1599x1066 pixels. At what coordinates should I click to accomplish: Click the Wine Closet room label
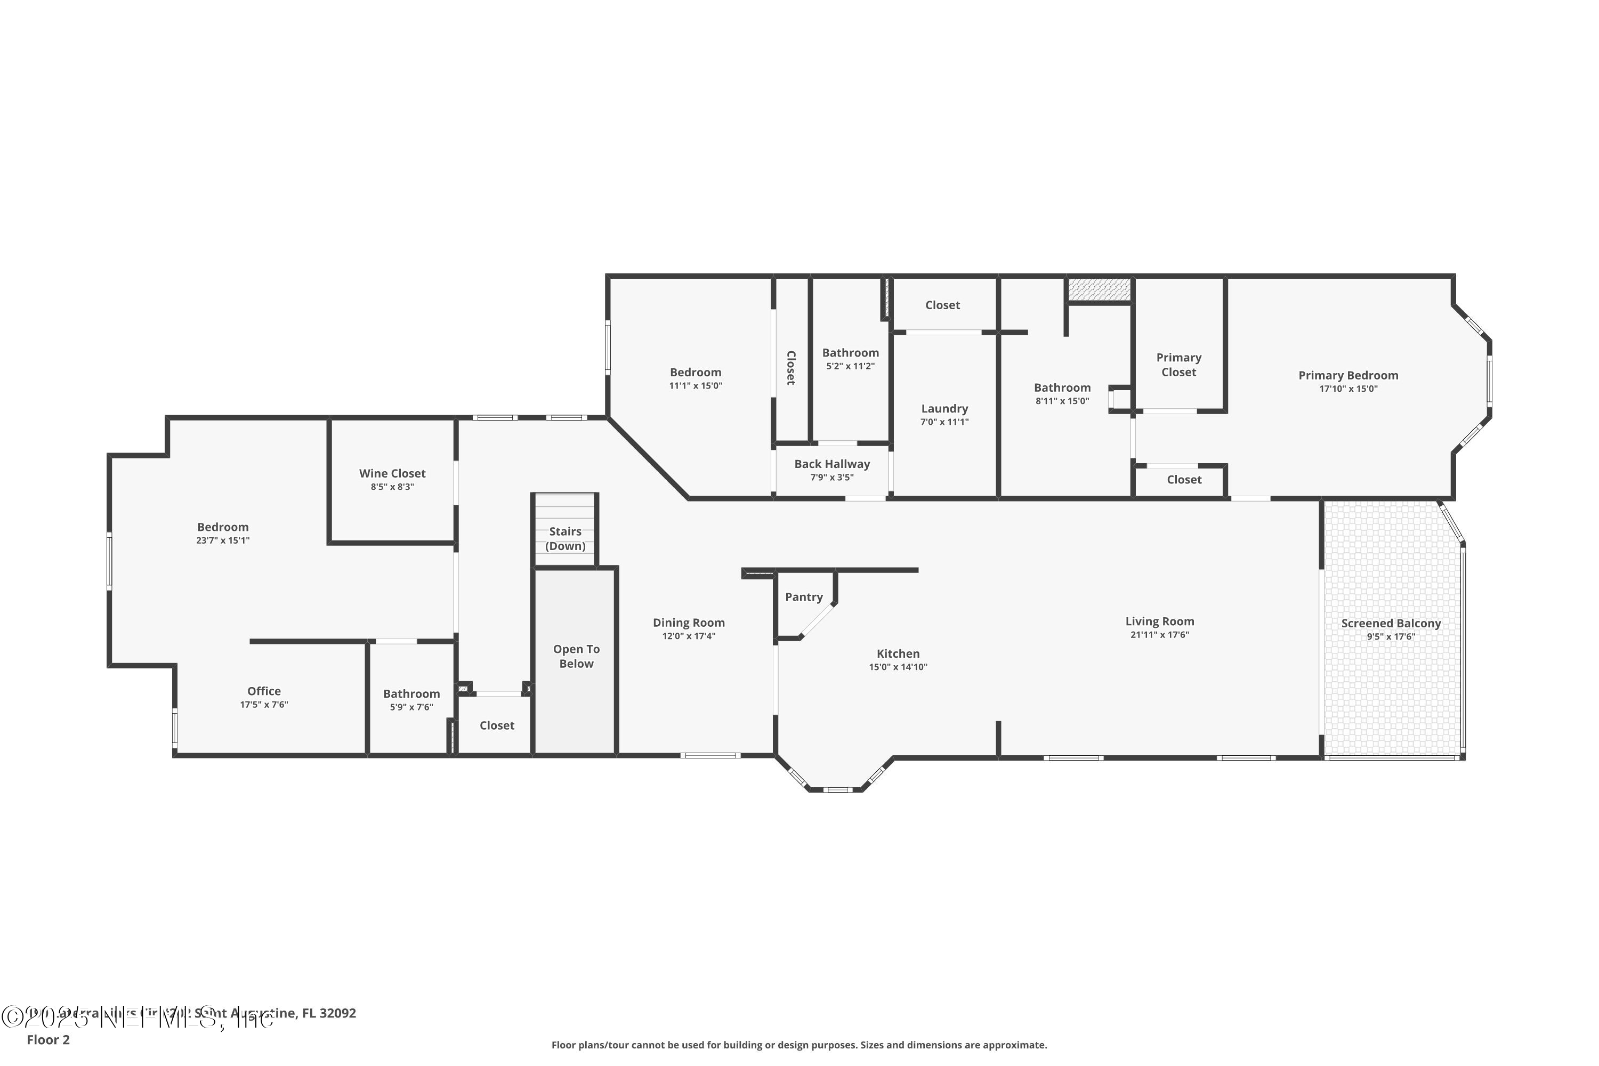(x=392, y=473)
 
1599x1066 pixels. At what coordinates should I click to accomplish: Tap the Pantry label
(x=804, y=597)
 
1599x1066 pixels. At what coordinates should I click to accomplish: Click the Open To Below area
(x=576, y=656)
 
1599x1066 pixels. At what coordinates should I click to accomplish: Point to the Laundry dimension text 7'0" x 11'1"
(x=944, y=422)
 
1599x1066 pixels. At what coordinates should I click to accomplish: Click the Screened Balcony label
(x=1390, y=624)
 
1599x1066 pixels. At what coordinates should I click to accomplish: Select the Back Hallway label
(x=831, y=464)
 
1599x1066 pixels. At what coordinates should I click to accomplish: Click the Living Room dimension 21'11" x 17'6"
(x=1159, y=635)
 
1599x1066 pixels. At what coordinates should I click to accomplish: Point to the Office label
(x=264, y=691)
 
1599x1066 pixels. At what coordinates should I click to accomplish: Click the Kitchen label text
(x=898, y=654)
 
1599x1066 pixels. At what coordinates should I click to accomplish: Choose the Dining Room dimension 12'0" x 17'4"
(x=689, y=636)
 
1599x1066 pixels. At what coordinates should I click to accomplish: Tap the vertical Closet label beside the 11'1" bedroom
(x=790, y=368)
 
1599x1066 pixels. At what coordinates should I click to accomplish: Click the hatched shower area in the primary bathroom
(x=1099, y=289)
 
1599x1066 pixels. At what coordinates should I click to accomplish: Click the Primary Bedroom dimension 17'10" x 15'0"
(x=1348, y=389)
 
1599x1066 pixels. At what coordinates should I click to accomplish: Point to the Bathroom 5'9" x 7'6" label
(x=411, y=694)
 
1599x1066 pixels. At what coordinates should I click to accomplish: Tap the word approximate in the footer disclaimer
(x=1014, y=1045)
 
